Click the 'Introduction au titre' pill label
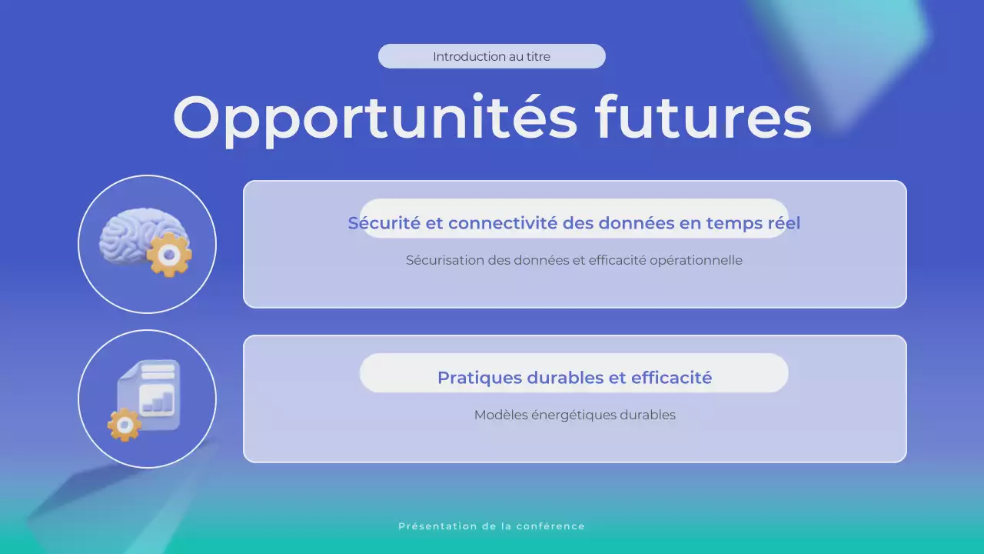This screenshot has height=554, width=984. click(491, 56)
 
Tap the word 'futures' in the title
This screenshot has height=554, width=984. click(703, 118)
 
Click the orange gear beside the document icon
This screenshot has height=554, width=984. click(125, 424)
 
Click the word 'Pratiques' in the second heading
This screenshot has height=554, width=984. click(479, 378)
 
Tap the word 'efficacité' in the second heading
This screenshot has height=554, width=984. click(671, 378)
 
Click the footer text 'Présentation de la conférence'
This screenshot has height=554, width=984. click(491, 526)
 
